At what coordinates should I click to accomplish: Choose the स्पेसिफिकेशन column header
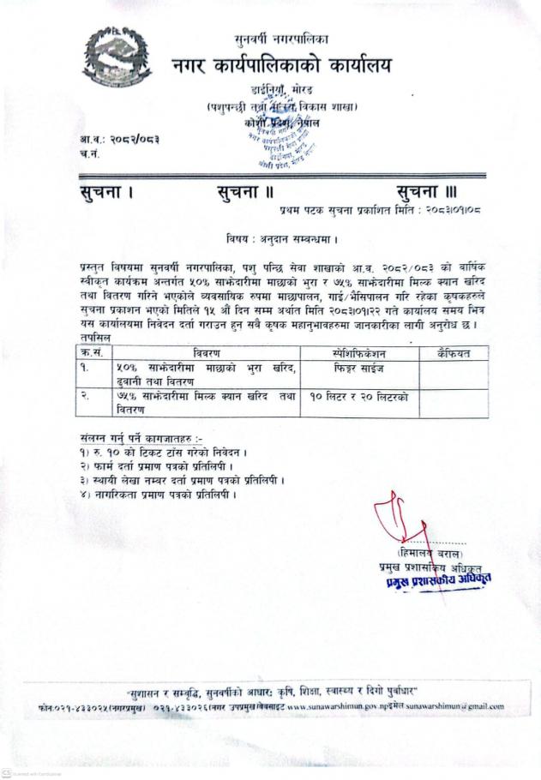359,352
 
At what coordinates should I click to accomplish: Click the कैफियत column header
453,352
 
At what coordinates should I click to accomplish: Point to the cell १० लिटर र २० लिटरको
359,399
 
